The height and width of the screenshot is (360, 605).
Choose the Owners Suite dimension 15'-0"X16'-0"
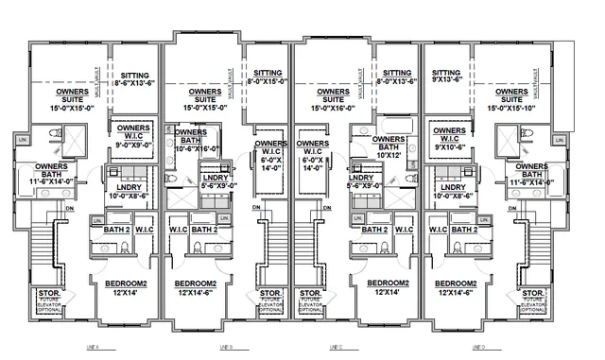click(x=332, y=101)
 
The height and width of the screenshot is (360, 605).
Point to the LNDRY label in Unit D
click(x=452, y=191)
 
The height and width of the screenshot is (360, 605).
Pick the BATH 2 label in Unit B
click(x=203, y=230)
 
